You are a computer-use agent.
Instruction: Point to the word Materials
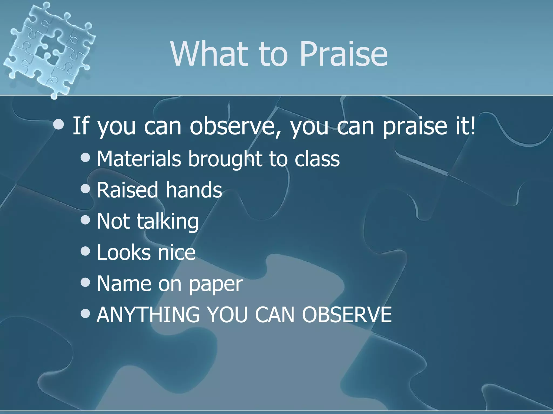pos(139,159)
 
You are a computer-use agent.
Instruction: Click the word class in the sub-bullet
pos(317,159)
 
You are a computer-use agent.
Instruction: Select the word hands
pos(194,190)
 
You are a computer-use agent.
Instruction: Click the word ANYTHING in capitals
pos(148,315)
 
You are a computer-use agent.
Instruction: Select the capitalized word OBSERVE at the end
pos(347,315)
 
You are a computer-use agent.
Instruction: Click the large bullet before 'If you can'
pos(59,125)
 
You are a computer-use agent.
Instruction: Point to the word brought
pos(225,159)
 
